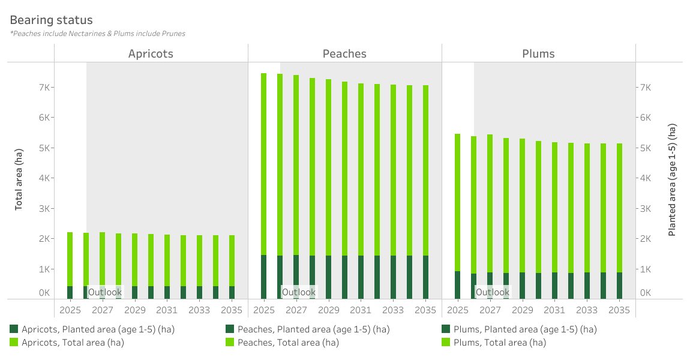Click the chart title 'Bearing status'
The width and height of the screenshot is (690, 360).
[x=51, y=21]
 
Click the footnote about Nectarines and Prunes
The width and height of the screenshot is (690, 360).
[x=97, y=34]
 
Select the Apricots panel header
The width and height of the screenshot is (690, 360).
[x=151, y=53]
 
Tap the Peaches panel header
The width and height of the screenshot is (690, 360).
[x=344, y=53]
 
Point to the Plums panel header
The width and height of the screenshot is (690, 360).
[x=538, y=53]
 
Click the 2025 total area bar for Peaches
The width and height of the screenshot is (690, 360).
[x=263, y=162]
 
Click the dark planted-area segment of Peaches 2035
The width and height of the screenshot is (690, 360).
[x=425, y=277]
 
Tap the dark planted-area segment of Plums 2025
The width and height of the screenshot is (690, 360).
[x=457, y=285]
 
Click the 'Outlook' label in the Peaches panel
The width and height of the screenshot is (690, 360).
[x=298, y=292]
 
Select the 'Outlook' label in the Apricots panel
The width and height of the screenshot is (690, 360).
[x=105, y=292]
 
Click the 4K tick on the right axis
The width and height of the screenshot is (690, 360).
[x=646, y=178]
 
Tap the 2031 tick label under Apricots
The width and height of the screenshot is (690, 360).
[x=167, y=310]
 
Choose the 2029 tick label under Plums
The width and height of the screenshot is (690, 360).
[x=522, y=310]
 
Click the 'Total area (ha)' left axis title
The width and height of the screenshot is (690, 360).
[x=19, y=178]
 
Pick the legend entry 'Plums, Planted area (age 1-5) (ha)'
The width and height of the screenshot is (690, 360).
[x=519, y=329]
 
